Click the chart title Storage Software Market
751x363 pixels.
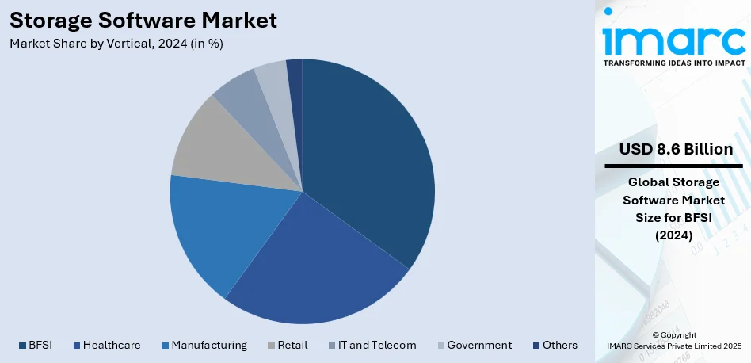pos(143,20)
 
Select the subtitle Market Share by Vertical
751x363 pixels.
pos(116,44)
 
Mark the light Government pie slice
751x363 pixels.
pos(273,79)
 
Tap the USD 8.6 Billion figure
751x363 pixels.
pos(676,150)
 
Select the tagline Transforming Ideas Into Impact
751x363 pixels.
pos(674,62)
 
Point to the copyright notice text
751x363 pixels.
pos(674,340)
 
